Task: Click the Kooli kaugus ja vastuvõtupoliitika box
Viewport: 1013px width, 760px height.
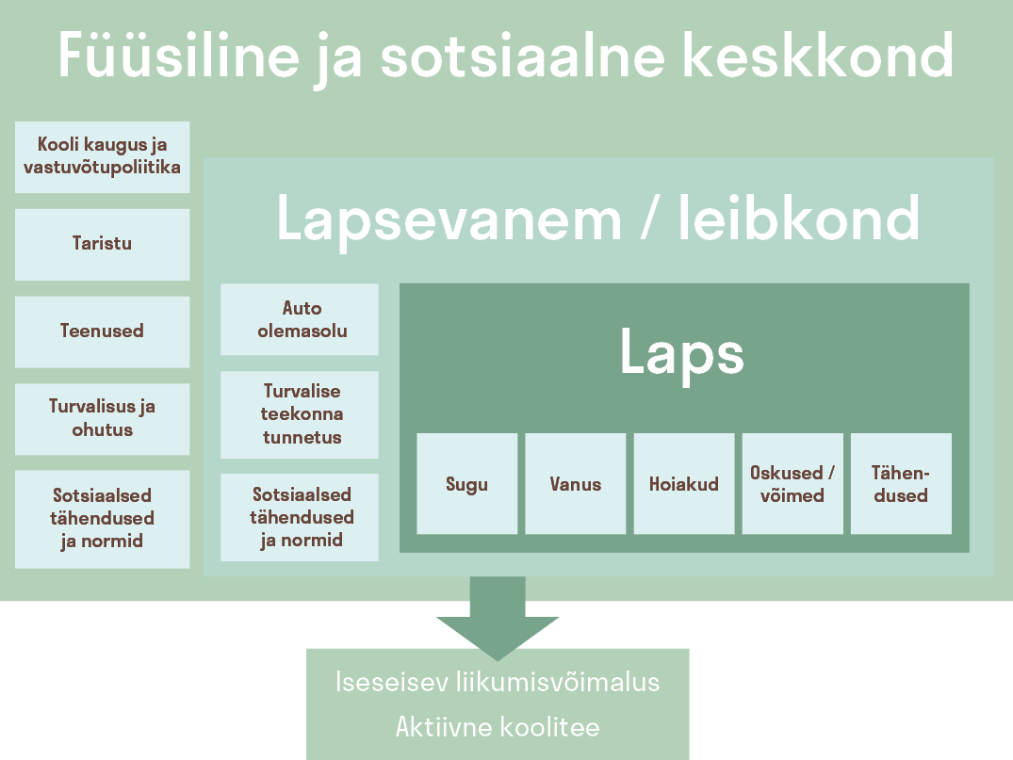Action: coord(102,157)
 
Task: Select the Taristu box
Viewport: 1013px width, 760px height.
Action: coord(102,244)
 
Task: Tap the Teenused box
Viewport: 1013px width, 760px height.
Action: coord(102,331)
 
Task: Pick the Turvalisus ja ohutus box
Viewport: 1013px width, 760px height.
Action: coord(102,418)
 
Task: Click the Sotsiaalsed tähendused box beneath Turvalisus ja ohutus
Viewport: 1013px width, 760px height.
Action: coord(102,519)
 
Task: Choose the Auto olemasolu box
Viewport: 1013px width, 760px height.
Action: coord(300,319)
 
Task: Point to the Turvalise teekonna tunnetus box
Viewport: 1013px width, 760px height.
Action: coord(300,414)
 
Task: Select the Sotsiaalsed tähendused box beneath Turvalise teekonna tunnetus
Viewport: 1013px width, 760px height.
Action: coord(300,517)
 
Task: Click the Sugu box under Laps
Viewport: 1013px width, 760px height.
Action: coord(466,484)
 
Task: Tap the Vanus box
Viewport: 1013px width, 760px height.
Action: coord(575,484)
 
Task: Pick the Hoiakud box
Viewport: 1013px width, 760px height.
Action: coord(683,484)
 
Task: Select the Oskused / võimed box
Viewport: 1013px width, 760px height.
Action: coord(792,484)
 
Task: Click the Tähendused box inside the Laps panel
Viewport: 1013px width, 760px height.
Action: coord(901,484)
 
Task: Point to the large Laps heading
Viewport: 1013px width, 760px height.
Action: coord(681,353)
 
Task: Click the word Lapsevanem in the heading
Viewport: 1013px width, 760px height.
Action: coord(449,218)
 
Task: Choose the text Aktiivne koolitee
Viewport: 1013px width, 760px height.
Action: coord(497,727)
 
